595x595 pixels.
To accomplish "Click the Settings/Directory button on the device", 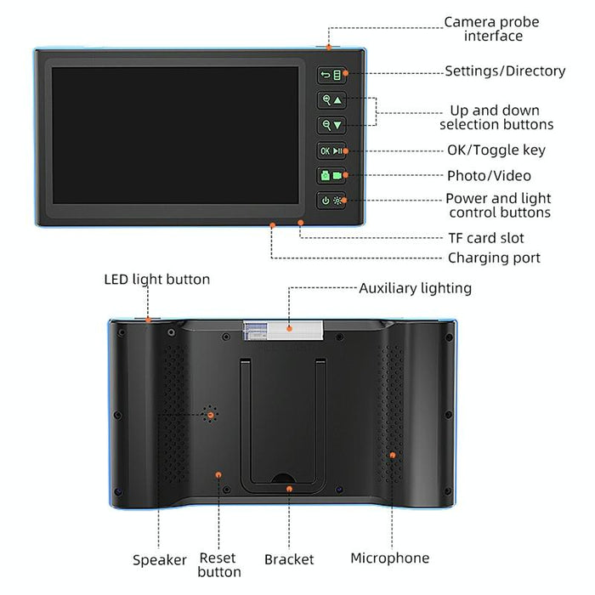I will pyautogui.click(x=331, y=75).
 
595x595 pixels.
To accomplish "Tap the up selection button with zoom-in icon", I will pyautogui.click(x=331, y=100).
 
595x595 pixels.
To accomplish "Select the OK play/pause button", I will pyautogui.click(x=331, y=151).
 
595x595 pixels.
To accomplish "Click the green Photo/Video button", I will pyautogui.click(x=331, y=176).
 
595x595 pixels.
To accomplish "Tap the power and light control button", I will pyautogui.click(x=331, y=201).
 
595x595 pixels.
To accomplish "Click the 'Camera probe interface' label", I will pyautogui.click(x=491, y=29).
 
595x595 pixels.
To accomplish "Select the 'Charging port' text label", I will pyautogui.click(x=494, y=258).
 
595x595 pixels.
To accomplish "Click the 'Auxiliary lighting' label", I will pyautogui.click(x=415, y=288).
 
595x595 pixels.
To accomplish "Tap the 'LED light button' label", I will pyautogui.click(x=156, y=279).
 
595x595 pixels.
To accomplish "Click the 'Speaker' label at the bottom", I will pyautogui.click(x=160, y=559).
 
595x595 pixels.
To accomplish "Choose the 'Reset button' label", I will pyautogui.click(x=219, y=564).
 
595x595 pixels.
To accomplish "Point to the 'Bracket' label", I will pyautogui.click(x=289, y=559).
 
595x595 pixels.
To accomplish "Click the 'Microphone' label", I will pyautogui.click(x=389, y=558).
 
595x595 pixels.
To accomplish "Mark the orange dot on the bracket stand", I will pyautogui.click(x=289, y=489).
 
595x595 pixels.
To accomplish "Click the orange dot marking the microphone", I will pyautogui.click(x=393, y=455).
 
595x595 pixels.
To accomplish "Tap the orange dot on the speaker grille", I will pyautogui.click(x=210, y=415).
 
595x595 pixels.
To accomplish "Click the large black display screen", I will pyautogui.click(x=175, y=139).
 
